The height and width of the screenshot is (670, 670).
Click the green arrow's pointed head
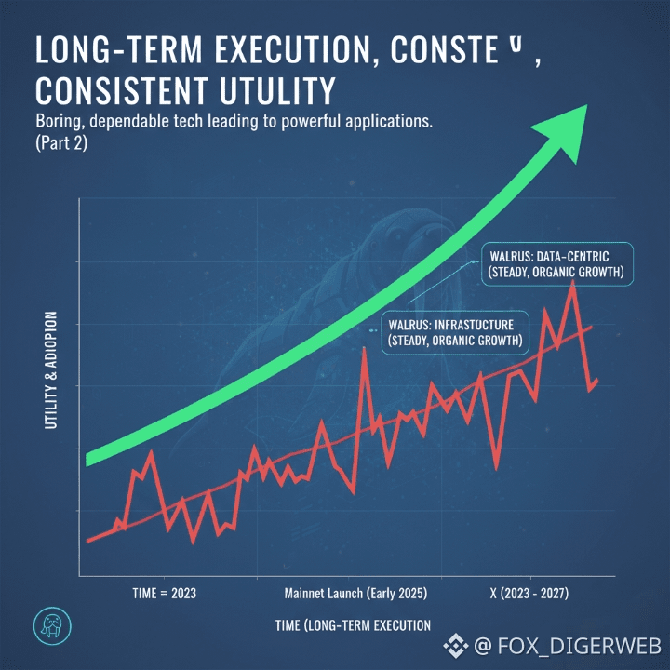point(569,122)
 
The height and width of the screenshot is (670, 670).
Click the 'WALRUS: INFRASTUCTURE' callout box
point(455,331)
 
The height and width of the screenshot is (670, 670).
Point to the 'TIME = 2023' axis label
point(166,592)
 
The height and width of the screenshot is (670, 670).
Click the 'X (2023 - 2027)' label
point(529,592)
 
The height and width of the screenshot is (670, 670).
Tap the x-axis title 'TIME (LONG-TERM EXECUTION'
point(353,624)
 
